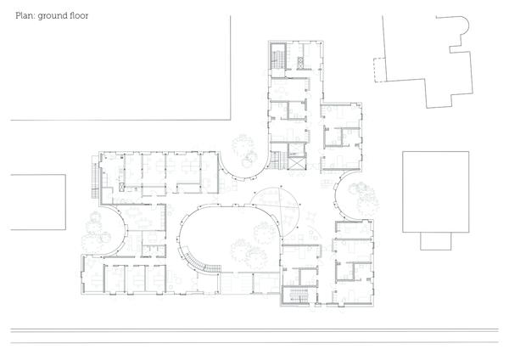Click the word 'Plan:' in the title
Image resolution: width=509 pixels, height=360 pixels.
25,15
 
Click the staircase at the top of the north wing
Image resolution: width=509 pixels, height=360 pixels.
278,56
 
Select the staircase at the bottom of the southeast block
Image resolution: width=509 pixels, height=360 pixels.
298,295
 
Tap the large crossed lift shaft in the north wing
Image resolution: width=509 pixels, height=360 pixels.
297,163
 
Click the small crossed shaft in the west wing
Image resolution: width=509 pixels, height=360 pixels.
121,187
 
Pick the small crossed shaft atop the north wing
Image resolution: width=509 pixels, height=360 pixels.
300,63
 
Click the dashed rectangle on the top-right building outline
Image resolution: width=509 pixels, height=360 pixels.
379,70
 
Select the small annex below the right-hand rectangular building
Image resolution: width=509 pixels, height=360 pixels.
436,241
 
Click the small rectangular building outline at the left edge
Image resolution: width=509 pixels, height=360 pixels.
38,202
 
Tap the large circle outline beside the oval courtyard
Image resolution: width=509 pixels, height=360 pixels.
275,208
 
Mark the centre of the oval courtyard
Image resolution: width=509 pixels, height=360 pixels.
230,238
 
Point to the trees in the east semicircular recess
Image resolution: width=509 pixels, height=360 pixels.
364,198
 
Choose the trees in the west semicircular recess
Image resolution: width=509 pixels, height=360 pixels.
97,231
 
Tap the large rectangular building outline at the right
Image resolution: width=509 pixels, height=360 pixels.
436,192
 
